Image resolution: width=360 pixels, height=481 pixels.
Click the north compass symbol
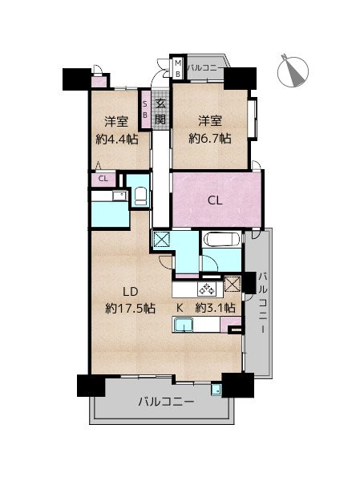pyautogui.click(x=293, y=71)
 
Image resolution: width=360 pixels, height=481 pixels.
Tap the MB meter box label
pyautogui.click(x=178, y=69)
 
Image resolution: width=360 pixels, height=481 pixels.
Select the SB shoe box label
pyautogui.click(x=145, y=109)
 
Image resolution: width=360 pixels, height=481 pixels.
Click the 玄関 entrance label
pyautogui.click(x=160, y=111)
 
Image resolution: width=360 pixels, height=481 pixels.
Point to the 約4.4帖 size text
pyautogui.click(x=117, y=139)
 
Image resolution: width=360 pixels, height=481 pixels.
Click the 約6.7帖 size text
pyautogui.click(x=210, y=139)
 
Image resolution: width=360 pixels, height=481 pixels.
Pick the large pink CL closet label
pyautogui.click(x=215, y=200)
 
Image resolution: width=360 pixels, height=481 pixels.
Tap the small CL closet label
pyautogui.click(x=103, y=179)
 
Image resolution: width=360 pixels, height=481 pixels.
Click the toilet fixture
pyautogui.click(x=141, y=196)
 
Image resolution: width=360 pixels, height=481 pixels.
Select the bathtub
pyautogui.click(x=222, y=239)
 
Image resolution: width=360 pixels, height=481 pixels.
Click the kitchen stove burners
pyautogui.click(x=207, y=289)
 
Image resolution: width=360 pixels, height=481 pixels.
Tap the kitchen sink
pyautogui.click(x=184, y=325)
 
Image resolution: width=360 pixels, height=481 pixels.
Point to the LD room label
pyautogui.click(x=131, y=292)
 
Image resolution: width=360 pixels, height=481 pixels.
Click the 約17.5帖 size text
pyautogui.click(x=131, y=308)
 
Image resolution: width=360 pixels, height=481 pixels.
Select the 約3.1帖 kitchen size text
pyautogui.click(x=216, y=307)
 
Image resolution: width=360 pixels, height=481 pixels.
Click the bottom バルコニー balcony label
pyautogui.click(x=166, y=402)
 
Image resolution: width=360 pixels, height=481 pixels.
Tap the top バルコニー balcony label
pyautogui.click(x=205, y=67)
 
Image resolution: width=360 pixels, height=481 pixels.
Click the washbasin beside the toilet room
pyautogui.click(x=119, y=196)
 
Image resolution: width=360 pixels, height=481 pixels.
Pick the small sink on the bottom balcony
pyautogui.click(x=216, y=390)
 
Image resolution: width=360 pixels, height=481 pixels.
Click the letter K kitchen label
pyautogui.click(x=180, y=308)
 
